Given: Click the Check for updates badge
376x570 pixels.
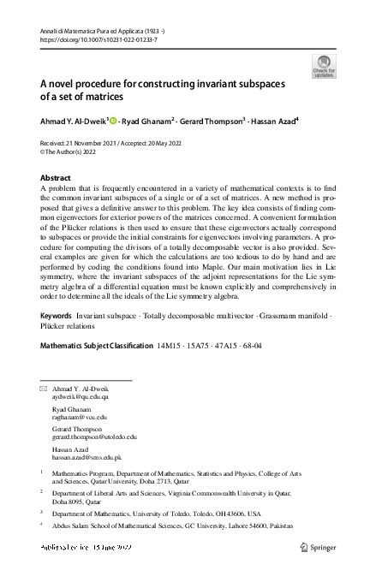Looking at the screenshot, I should click(325, 66).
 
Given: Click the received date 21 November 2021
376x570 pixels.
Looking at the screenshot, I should click(99, 143).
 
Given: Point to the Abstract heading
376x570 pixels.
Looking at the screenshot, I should click(57, 177).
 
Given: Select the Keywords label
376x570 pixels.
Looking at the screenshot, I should click(57, 316).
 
